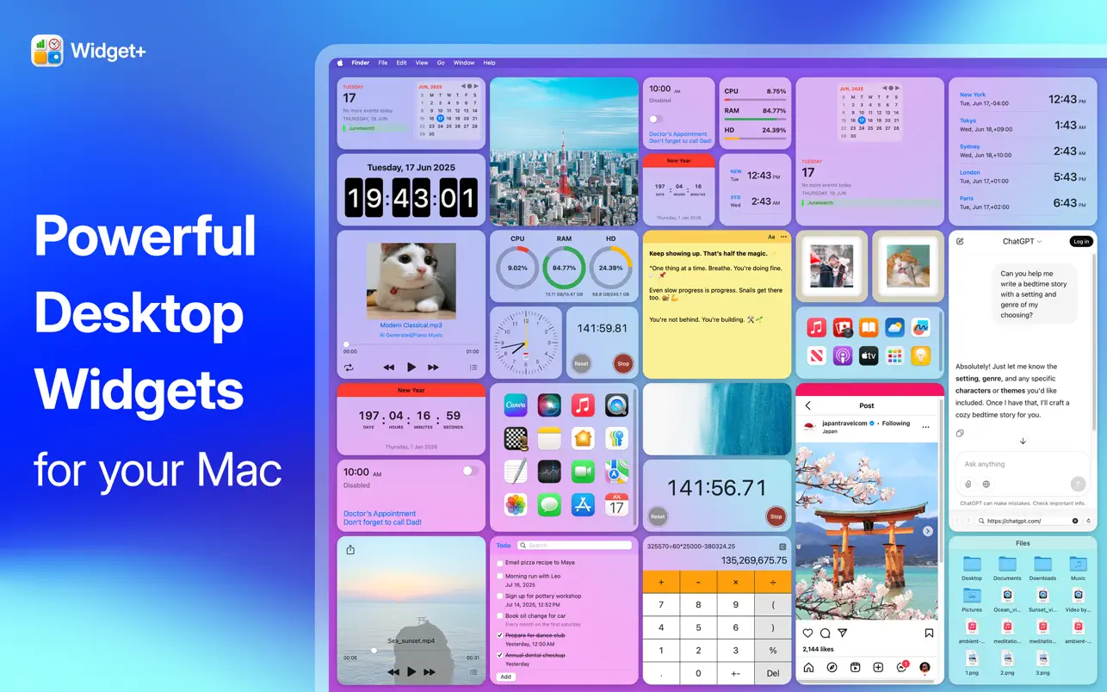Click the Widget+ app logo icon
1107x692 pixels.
[x=47, y=51]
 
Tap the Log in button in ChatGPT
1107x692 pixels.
[x=1080, y=241]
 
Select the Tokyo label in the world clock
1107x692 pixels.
[x=968, y=121]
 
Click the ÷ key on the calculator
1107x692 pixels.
[x=772, y=582]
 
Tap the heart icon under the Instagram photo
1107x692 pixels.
[x=807, y=633]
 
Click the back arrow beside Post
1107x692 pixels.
[x=808, y=405]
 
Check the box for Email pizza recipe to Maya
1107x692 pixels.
[x=500, y=563]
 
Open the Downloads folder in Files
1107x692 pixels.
[x=1042, y=565]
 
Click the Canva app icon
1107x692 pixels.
[x=515, y=405]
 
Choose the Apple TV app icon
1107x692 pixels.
[x=869, y=355]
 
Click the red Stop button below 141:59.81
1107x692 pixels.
[x=623, y=363]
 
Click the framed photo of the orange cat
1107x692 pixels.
[x=907, y=266]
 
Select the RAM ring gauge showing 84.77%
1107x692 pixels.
[x=564, y=268]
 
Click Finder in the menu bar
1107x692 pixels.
[x=360, y=63]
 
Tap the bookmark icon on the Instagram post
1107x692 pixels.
[x=929, y=633]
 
